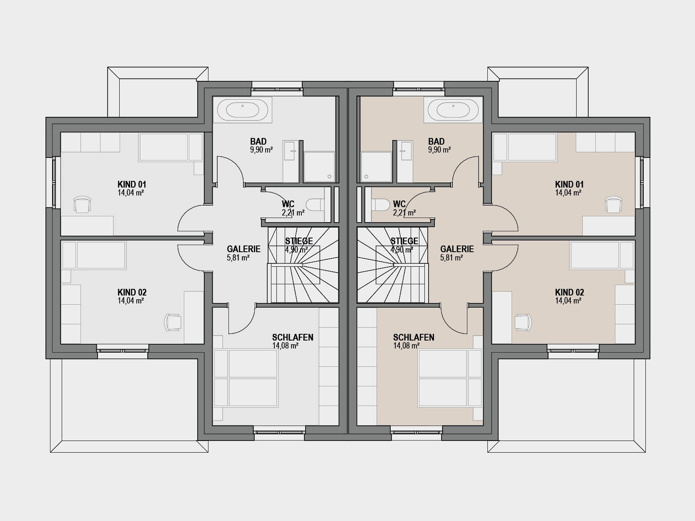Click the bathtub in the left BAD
(x=243, y=110)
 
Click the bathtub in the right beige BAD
(x=453, y=110)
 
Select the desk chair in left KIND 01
(x=82, y=205)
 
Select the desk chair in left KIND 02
(x=173, y=322)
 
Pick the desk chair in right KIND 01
(x=613, y=205)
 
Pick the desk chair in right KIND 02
(x=523, y=322)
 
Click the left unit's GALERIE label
(x=243, y=249)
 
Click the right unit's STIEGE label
(x=404, y=241)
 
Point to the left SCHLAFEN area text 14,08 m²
(x=285, y=346)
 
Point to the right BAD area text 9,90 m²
(x=439, y=150)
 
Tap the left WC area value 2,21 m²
(x=293, y=213)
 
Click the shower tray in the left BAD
(x=319, y=167)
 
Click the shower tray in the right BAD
(x=376, y=167)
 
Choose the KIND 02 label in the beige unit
(x=569, y=292)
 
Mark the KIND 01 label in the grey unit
(x=132, y=184)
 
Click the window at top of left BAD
(x=277, y=89)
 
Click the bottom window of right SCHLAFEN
(x=416, y=432)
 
